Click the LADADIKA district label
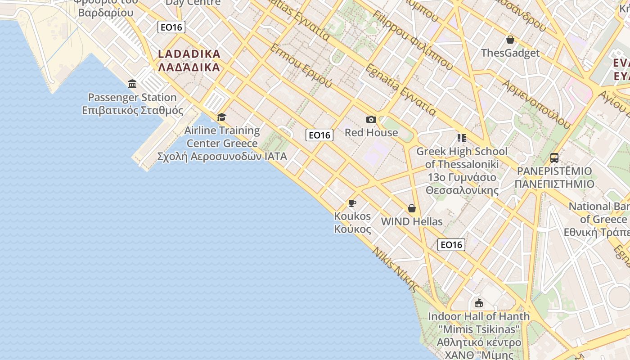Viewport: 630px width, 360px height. tap(189, 60)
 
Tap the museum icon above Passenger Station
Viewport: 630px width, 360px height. tap(132, 84)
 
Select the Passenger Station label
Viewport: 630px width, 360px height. tap(132, 104)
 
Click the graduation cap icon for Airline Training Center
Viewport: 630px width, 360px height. tap(221, 117)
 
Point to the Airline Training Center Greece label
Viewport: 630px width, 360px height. tap(222, 144)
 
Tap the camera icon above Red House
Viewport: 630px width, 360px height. tap(371, 119)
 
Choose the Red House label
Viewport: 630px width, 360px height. tap(371, 132)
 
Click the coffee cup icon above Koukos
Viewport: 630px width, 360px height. tap(352, 203)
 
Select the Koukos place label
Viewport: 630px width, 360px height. tap(352, 222)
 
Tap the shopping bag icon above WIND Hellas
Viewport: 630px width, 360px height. tap(411, 208)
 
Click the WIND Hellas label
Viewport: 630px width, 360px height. tap(411, 221)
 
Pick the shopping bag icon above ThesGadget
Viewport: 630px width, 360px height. tap(510, 40)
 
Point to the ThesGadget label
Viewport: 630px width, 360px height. tap(510, 53)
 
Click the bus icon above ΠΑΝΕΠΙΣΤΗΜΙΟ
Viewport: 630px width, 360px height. tap(554, 158)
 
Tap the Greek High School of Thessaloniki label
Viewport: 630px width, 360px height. tap(462, 171)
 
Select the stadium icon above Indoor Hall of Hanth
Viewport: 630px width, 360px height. tap(478, 303)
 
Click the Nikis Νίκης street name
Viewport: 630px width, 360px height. tap(396, 269)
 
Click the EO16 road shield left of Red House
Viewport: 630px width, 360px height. tap(319, 135)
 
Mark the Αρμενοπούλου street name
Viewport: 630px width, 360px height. tap(536, 104)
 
